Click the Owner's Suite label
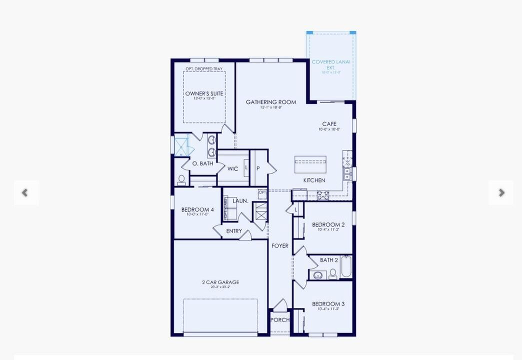tap(204, 94)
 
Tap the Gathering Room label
tap(270, 102)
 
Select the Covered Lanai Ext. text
tap(331, 64)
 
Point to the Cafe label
tap(329, 124)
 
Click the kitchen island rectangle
tap(310, 164)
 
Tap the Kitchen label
tap(314, 180)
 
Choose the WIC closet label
tap(232, 169)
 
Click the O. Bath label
tap(202, 163)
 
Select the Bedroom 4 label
tap(197, 210)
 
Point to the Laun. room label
tap(240, 201)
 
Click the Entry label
tap(234, 231)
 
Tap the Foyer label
tap(280, 246)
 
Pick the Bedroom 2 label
tap(328, 225)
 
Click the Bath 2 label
tap(328, 260)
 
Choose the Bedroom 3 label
tap(328, 304)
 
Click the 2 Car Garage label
tap(220, 282)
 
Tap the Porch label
tap(279, 320)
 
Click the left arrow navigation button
tap(24, 192)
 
